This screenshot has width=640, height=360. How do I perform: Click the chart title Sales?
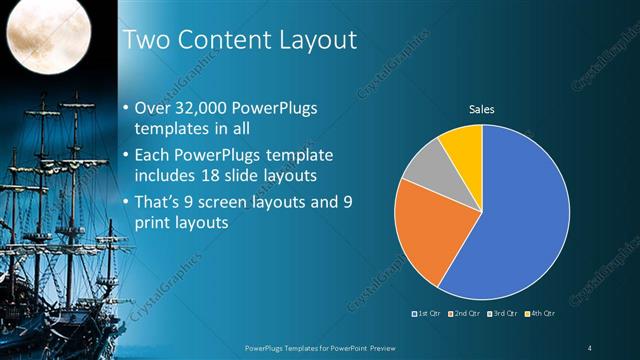(x=482, y=109)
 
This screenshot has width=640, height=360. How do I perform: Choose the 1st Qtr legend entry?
(x=427, y=314)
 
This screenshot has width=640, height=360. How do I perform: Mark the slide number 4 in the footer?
(x=590, y=347)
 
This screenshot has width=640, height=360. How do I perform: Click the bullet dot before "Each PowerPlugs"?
(x=125, y=157)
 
